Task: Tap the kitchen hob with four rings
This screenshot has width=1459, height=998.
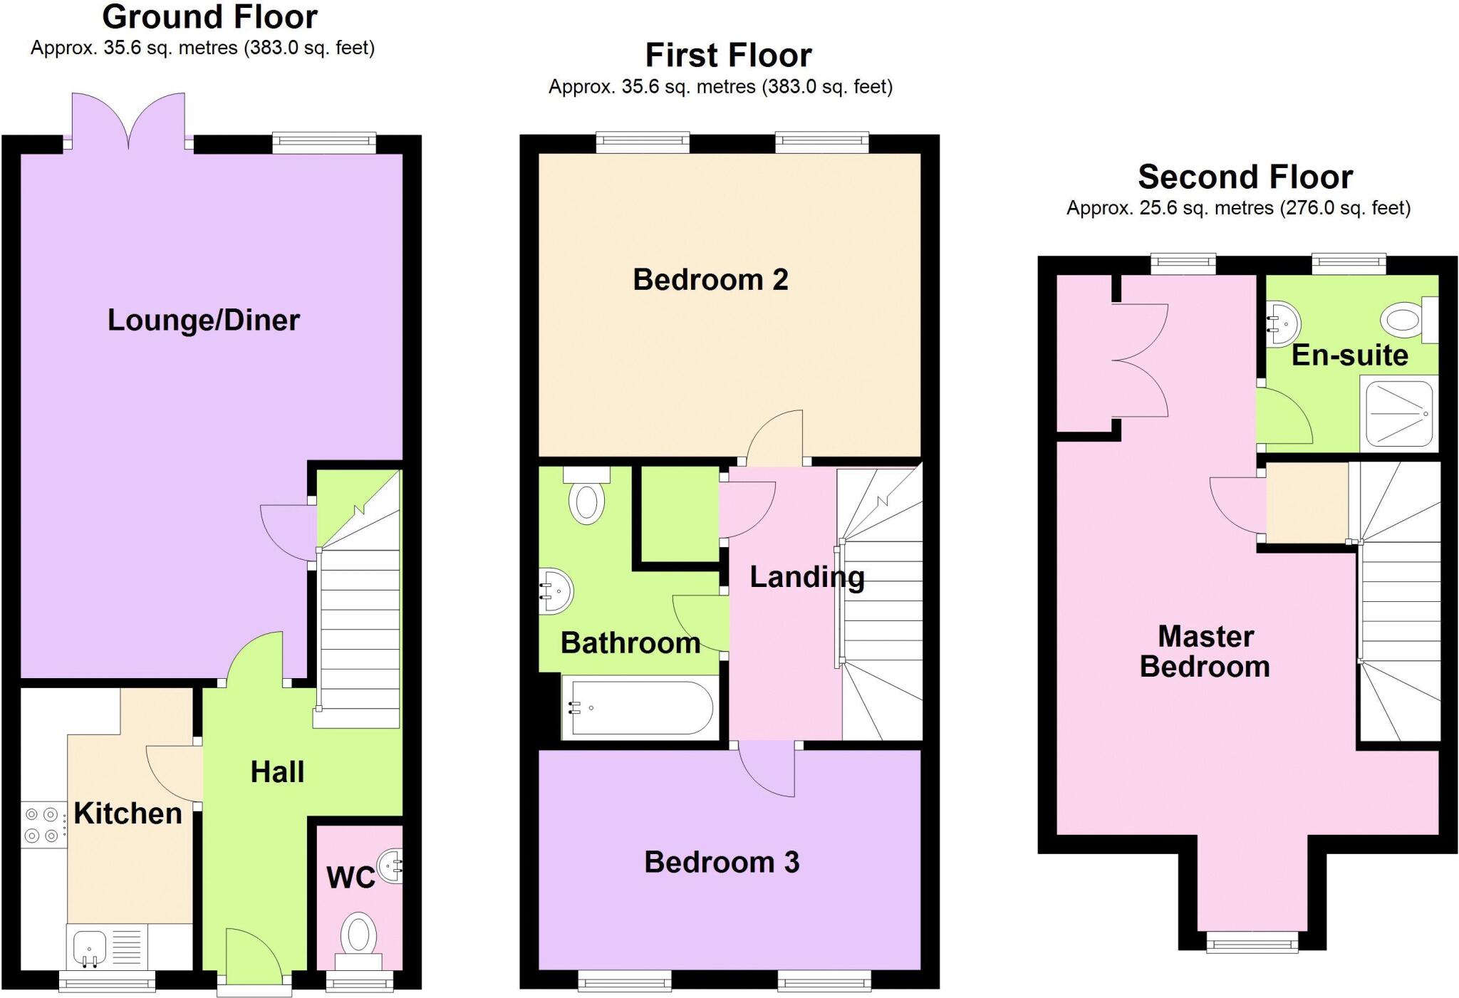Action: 41,825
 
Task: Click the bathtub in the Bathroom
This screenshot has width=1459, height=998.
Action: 637,707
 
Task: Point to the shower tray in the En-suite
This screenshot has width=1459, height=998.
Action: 1398,414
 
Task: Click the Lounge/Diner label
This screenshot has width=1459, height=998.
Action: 204,320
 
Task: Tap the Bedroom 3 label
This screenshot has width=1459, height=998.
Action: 722,863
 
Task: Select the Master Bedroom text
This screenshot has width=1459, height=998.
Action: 1205,651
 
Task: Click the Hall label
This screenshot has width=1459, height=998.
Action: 277,772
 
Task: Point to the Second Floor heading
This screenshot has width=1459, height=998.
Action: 1245,177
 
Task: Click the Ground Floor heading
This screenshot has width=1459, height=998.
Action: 209,17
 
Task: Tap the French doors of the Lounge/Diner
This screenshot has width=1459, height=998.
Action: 128,121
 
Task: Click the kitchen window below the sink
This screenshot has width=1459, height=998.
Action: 107,984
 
